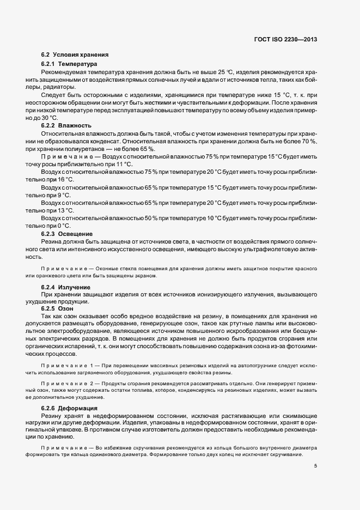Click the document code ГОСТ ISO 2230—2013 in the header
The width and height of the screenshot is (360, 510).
(x=285, y=40)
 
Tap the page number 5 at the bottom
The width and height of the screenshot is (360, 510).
(x=315, y=466)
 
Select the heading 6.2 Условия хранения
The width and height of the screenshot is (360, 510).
(x=75, y=55)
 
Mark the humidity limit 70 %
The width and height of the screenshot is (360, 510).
(x=309, y=141)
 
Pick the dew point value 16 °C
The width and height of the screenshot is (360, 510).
(x=64, y=179)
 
